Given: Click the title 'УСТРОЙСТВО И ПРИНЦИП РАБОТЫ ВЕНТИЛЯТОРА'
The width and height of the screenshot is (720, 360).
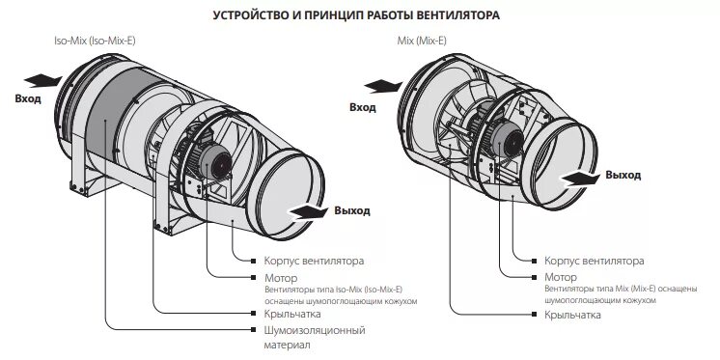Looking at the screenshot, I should point(359,16).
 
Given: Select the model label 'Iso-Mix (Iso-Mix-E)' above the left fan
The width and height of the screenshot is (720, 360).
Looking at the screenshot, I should point(97,42).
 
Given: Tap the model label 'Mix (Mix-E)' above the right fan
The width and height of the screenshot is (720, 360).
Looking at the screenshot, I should point(423,42).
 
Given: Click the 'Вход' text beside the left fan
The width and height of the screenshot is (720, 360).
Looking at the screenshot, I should point(28,99).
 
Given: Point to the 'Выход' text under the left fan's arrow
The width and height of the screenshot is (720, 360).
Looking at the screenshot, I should point(351,210).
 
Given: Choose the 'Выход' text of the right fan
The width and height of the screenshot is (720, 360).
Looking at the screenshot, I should point(623,175).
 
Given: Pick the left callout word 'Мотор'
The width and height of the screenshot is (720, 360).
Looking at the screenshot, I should point(280,277).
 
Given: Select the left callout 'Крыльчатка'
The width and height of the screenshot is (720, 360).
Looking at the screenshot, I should point(292,314).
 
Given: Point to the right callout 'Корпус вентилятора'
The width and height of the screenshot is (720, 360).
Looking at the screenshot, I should point(594,261).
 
